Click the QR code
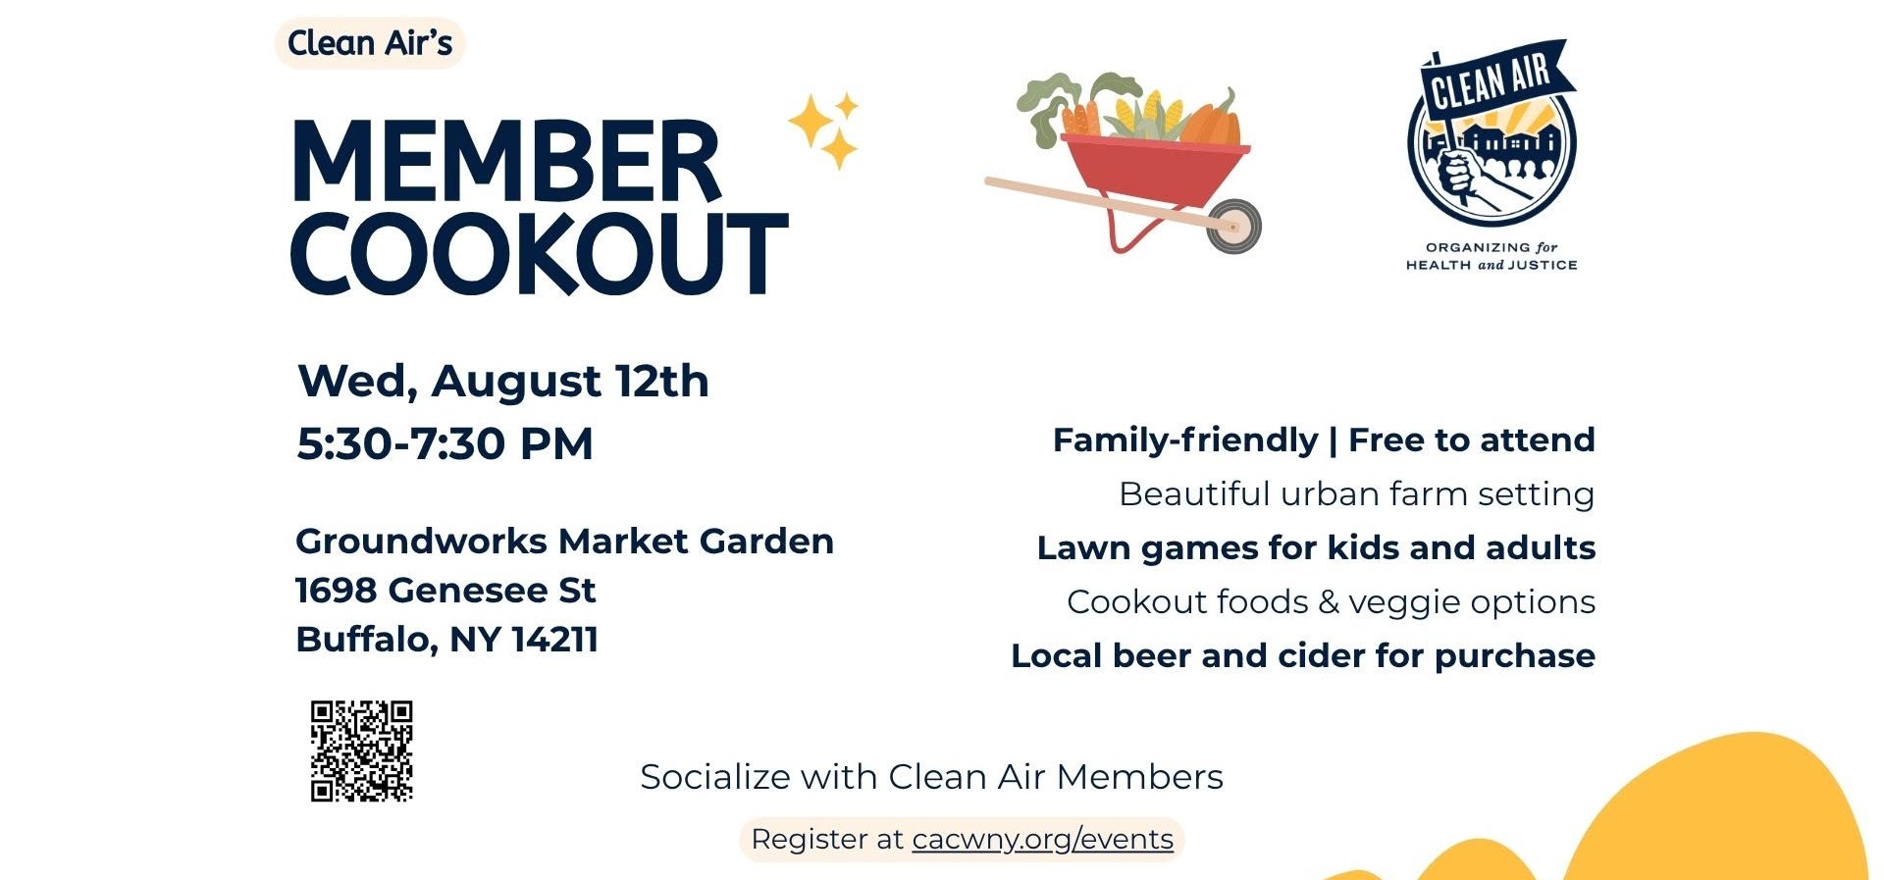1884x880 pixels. tap(362, 751)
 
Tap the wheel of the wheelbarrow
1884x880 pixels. tap(1233, 226)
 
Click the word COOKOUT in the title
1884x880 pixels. tap(540, 253)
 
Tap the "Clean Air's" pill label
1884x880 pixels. tap(370, 43)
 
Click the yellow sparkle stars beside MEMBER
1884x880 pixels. tap(824, 131)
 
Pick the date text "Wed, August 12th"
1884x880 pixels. tap(502, 381)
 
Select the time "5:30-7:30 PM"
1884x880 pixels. tap(445, 443)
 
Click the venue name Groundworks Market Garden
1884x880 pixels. tap(564, 542)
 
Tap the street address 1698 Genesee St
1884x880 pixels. tap(445, 591)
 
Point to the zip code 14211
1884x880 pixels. tap(555, 640)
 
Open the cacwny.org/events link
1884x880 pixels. tap(1042, 840)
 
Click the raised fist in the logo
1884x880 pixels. tap(1459, 174)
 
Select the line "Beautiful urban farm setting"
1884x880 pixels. tap(1356, 494)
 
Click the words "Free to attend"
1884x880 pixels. tap(1471, 440)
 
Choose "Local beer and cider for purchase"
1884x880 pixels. tap(1303, 656)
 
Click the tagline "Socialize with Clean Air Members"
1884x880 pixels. tap(931, 777)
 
